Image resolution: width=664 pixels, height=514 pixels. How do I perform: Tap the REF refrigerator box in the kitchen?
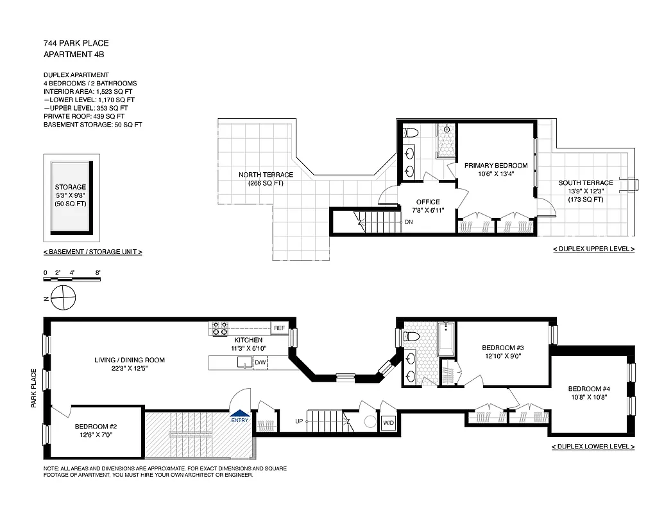pyautogui.click(x=279, y=328)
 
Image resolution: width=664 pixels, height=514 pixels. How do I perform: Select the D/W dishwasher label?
pyautogui.click(x=260, y=363)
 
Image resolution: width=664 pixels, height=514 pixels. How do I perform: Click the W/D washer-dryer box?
pyautogui.click(x=388, y=423)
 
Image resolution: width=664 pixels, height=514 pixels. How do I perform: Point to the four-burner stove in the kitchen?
pyautogui.click(x=219, y=328)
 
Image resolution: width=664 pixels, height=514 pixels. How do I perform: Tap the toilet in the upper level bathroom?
pyautogui.click(x=411, y=133)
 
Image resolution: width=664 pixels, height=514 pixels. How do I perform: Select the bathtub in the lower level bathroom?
pyautogui.click(x=446, y=339)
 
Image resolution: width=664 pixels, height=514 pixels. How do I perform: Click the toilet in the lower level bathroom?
pyautogui.click(x=411, y=337)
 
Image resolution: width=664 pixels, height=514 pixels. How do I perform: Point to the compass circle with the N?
pyautogui.click(x=62, y=297)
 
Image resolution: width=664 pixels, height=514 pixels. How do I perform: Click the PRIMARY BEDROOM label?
pyautogui.click(x=496, y=166)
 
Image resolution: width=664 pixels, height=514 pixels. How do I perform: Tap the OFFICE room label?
pyautogui.click(x=428, y=202)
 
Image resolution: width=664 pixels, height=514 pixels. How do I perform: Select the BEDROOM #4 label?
pyautogui.click(x=588, y=389)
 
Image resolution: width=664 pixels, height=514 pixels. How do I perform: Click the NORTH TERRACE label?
pyautogui.click(x=266, y=175)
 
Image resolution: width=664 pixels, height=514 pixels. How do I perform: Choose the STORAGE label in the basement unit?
pyautogui.click(x=70, y=187)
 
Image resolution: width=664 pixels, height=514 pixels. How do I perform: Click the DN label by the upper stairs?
pyautogui.click(x=409, y=222)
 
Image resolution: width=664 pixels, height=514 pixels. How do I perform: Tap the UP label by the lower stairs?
pyautogui.click(x=298, y=421)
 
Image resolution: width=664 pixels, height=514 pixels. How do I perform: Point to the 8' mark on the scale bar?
pyautogui.click(x=98, y=273)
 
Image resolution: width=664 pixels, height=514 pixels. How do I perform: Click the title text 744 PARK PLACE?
pyautogui.click(x=76, y=43)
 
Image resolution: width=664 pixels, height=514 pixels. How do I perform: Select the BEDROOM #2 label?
pyautogui.click(x=96, y=427)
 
